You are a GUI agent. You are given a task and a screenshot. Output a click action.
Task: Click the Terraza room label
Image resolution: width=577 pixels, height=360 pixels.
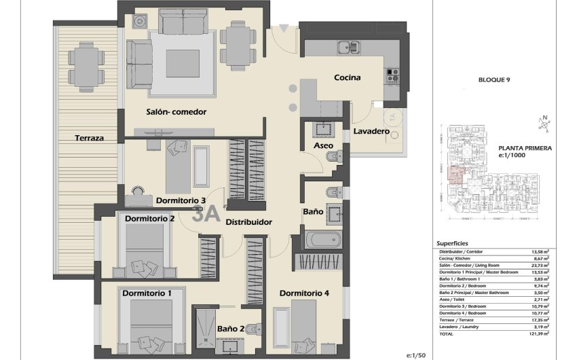pos(90,138)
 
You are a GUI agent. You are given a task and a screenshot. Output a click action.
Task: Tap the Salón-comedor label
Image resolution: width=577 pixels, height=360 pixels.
pos(176,111)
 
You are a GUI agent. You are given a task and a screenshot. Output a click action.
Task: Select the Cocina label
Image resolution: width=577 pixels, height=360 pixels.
pos(347,77)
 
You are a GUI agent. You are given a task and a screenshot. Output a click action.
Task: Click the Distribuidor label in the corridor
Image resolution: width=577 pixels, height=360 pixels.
pos(249,222)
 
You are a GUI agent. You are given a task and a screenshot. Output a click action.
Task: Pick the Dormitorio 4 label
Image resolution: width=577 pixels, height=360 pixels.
pos(303,293)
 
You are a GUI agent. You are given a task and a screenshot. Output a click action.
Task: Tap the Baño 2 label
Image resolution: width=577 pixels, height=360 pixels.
pos(231,329)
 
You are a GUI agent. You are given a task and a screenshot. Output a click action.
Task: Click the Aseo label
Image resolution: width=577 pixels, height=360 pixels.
pos(322,146)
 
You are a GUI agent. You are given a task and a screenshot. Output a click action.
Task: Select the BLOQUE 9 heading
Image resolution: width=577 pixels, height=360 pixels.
pos(494,79)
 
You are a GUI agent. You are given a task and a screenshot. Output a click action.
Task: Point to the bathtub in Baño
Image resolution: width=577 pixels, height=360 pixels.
pos(322,240)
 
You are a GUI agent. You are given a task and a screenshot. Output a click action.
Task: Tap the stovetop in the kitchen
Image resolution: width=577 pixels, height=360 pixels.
pos(393,75)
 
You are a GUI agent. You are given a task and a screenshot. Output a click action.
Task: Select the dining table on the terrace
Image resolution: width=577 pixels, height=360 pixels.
pos(85,67)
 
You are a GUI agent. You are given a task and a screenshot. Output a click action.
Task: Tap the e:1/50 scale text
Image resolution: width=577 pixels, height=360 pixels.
pos(415,355)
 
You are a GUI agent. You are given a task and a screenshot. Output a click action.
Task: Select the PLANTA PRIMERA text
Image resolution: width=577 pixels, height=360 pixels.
pos(525,147)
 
